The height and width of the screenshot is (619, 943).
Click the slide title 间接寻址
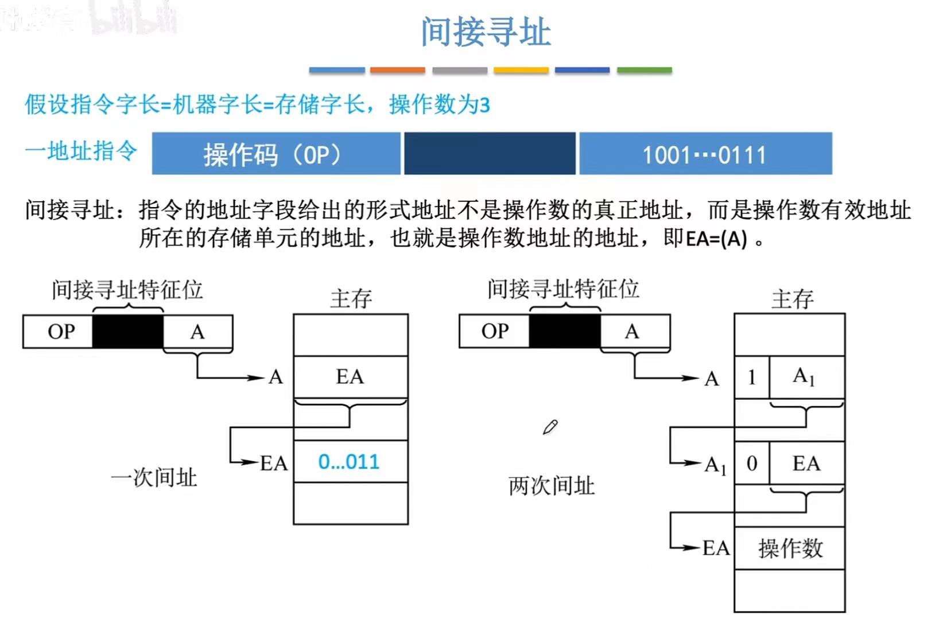(486, 32)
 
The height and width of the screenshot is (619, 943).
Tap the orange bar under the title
(397, 70)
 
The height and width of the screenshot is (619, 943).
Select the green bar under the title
(644, 70)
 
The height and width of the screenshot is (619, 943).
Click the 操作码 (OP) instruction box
(275, 154)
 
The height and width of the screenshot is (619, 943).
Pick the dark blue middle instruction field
(490, 154)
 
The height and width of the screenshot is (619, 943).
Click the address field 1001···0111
(705, 154)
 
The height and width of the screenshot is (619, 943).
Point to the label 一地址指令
(81, 151)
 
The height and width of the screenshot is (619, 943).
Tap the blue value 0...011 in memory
(349, 462)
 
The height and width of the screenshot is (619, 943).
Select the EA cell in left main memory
(350, 377)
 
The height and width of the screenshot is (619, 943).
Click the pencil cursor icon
(550, 427)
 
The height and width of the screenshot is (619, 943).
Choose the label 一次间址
(154, 477)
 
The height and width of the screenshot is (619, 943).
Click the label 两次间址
(551, 486)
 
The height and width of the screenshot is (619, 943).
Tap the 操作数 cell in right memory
(790, 548)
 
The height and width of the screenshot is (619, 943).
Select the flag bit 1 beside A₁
(751, 377)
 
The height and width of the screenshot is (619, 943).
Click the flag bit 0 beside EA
(751, 463)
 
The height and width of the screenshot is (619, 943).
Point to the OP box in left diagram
(60, 332)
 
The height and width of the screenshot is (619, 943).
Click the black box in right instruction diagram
(564, 331)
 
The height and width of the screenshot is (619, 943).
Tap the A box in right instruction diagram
(632, 331)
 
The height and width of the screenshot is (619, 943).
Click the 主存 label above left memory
(351, 298)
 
